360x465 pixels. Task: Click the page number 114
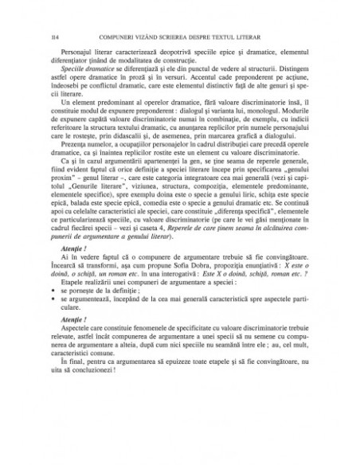coord(54,37)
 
